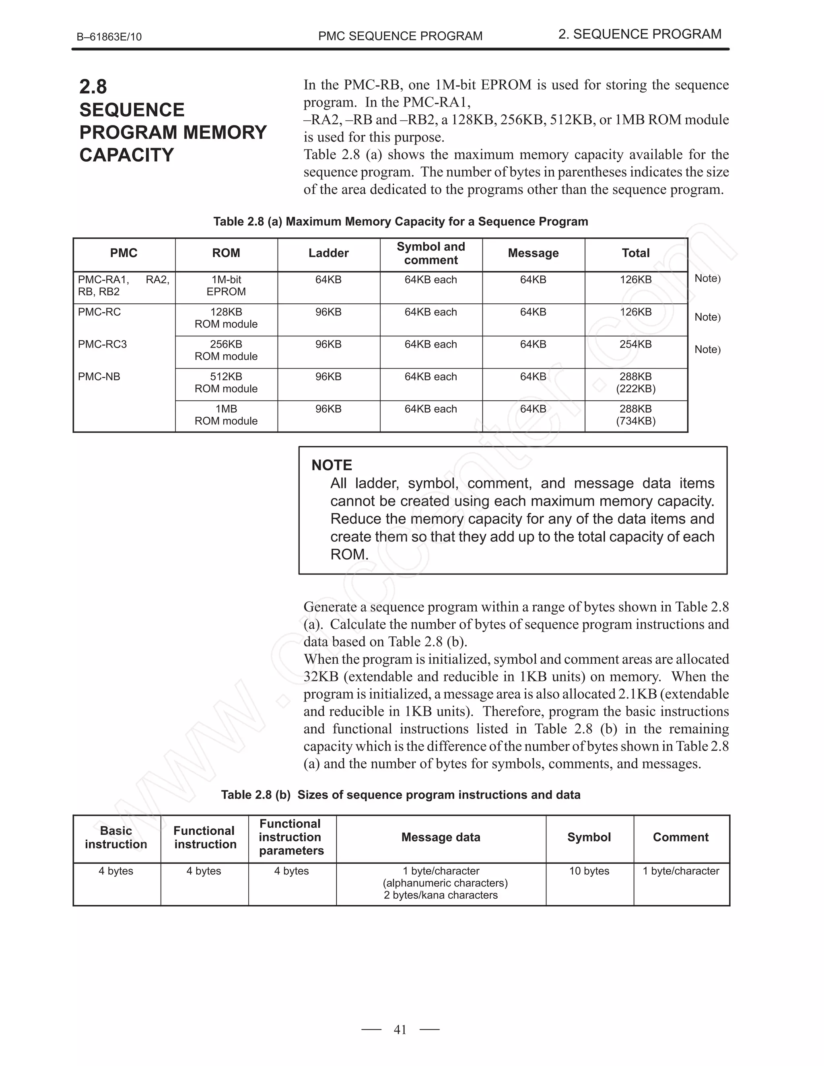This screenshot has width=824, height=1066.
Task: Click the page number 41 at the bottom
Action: [400, 1029]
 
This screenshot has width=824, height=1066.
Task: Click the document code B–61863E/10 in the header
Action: [109, 37]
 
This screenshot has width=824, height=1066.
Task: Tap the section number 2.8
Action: [93, 87]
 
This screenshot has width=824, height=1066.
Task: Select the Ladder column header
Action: [329, 253]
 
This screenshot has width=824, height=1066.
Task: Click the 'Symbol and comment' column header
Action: [431, 253]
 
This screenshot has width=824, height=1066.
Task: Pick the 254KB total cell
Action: [636, 344]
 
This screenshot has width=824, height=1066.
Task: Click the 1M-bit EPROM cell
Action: [226, 286]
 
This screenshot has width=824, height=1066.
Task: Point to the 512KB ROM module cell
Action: [226, 383]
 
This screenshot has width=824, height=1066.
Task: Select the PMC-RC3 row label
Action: [102, 344]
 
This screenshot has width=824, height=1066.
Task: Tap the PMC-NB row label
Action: [99, 377]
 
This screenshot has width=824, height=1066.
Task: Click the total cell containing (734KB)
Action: [636, 421]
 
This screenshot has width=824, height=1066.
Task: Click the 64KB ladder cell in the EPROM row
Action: [329, 280]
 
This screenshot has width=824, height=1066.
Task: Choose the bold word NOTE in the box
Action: [332, 465]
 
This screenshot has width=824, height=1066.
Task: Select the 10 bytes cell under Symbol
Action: [589, 871]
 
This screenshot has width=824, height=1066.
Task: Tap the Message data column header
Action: [441, 837]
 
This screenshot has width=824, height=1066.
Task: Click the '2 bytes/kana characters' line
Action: [441, 895]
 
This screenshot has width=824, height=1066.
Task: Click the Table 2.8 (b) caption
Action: [400, 794]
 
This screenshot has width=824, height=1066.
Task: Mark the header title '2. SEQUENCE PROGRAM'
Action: [639, 34]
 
